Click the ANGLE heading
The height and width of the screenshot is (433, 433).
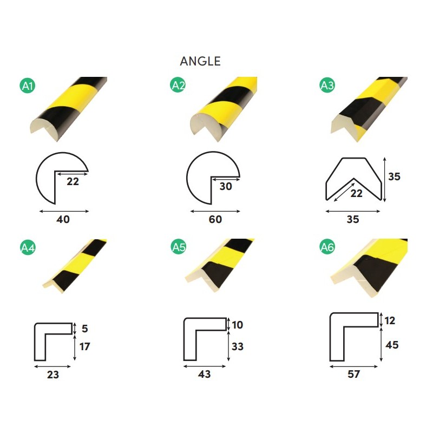pyautogui.click(x=200, y=61)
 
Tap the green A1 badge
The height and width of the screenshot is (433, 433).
pyautogui.click(x=28, y=86)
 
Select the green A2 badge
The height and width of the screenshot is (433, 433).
pyautogui.click(x=178, y=85)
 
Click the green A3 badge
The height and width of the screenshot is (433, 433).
pyautogui.click(x=327, y=85)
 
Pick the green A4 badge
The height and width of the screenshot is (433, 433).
pyautogui.click(x=28, y=247)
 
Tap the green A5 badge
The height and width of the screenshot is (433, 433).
pyautogui.click(x=179, y=247)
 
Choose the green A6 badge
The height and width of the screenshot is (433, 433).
pyautogui.click(x=327, y=247)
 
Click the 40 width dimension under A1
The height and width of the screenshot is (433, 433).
pyautogui.click(x=63, y=220)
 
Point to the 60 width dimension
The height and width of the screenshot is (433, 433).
pyautogui.click(x=215, y=220)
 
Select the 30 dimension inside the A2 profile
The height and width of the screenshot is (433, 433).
pyautogui.click(x=226, y=186)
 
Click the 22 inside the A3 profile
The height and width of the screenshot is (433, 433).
pyautogui.click(x=356, y=193)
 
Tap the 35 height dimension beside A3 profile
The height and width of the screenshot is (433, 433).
pyautogui.click(x=394, y=176)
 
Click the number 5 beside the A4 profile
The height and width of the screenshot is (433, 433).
pyautogui.click(x=85, y=329)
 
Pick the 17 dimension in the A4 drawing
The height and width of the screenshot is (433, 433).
pyautogui.click(x=84, y=346)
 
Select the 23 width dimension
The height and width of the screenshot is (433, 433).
pyautogui.click(x=53, y=375)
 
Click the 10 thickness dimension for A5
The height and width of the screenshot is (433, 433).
pyautogui.click(x=237, y=325)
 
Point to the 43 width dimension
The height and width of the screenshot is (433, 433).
pyautogui.click(x=205, y=374)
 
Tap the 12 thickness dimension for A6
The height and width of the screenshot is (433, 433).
pyautogui.click(x=390, y=320)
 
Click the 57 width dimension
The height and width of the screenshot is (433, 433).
pyautogui.click(x=354, y=374)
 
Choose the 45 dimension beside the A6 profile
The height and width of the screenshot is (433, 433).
pyautogui.click(x=392, y=345)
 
